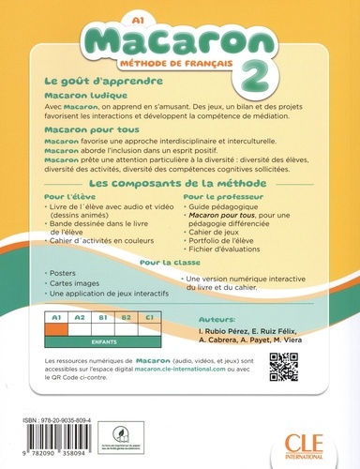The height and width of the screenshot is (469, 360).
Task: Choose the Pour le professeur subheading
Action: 217,224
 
